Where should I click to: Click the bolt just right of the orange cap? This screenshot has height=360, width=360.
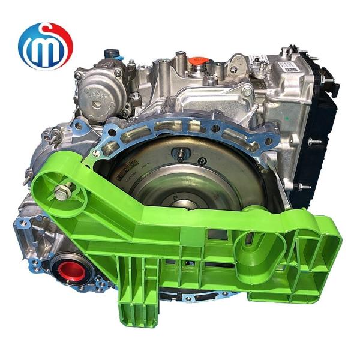211,79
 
